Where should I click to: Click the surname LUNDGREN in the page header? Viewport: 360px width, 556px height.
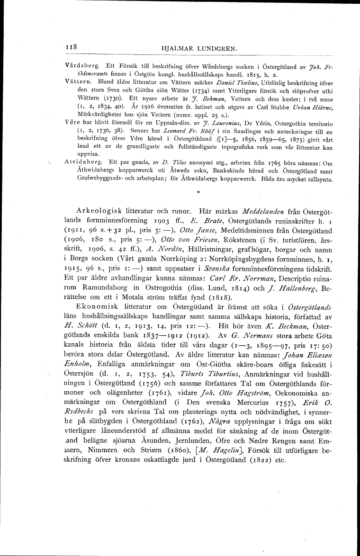tap(205, 48)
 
